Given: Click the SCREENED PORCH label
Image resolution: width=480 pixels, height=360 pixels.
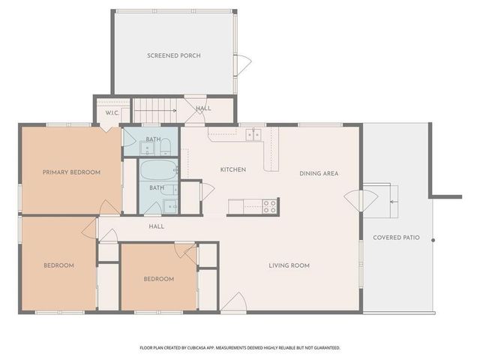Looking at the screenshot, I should (173, 55).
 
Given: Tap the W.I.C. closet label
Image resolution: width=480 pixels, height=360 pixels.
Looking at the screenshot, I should (112, 113).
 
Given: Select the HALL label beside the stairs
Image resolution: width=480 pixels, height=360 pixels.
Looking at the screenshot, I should (203, 108).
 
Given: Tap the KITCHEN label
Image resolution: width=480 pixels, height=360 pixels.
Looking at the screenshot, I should (232, 170).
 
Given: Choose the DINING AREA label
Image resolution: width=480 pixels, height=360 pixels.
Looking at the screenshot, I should (319, 173).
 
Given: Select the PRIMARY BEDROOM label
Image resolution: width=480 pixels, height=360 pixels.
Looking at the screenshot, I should (71, 172).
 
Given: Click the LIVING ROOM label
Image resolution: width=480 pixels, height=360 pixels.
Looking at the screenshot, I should (289, 265).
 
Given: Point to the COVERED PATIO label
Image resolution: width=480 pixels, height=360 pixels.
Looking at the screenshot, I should (396, 238).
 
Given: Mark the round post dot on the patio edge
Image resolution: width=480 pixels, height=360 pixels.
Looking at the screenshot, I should (433, 240).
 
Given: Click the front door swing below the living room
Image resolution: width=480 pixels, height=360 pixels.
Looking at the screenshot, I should (232, 304).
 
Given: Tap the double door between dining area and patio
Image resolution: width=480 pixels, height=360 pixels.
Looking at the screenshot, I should (360, 200).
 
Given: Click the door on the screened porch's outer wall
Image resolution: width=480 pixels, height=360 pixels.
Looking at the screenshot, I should (242, 64).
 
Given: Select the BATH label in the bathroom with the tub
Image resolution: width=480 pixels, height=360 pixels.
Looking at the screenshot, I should (156, 187).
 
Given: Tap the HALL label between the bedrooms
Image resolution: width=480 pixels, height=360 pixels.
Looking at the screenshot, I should (156, 226).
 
